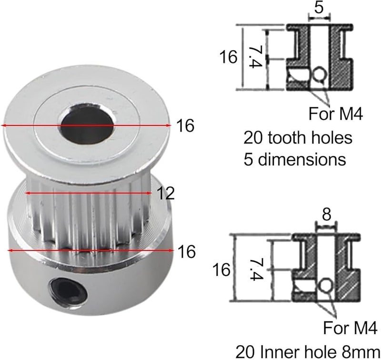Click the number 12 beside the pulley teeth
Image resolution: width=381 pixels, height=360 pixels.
(165, 193)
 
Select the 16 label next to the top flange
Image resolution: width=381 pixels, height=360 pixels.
(185, 126)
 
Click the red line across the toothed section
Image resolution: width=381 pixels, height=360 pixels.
(88, 193)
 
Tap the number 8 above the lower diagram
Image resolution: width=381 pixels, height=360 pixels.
(326, 215)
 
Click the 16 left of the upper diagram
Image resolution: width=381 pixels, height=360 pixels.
(228, 58)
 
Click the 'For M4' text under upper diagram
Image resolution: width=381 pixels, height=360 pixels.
(336, 114)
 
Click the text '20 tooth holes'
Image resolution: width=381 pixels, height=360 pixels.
(298, 138)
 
